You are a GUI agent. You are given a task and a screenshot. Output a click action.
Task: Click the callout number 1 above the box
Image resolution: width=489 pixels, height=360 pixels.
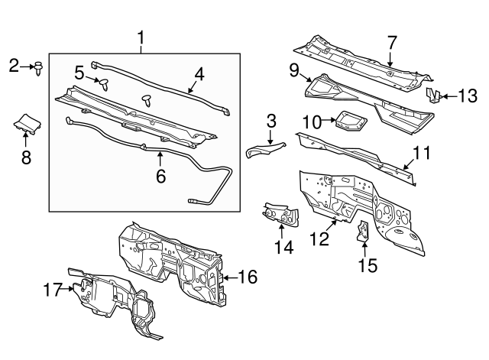click(141, 37)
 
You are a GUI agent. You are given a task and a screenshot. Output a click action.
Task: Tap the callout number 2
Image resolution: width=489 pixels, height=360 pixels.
click(14, 66)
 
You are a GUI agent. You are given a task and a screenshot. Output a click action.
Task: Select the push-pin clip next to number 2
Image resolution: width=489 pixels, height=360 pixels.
click(38, 69)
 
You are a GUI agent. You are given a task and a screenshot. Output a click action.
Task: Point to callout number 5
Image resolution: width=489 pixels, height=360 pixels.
click(79, 73)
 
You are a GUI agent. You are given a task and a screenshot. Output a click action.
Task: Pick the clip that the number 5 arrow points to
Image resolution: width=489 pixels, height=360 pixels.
click(105, 84)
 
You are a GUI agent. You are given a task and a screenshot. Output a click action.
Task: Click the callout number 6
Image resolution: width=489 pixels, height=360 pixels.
click(160, 177)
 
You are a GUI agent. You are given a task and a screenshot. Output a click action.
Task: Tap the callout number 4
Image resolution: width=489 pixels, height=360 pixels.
click(199, 75)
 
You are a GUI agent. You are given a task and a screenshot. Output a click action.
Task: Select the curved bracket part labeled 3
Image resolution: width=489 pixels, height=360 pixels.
click(266, 150)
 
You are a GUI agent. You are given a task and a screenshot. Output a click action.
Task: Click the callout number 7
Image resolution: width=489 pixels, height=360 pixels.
click(392, 43)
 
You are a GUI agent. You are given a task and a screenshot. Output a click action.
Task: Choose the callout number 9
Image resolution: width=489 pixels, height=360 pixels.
click(294, 70)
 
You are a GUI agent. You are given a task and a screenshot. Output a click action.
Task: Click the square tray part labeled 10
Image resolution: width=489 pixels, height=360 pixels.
click(351, 122)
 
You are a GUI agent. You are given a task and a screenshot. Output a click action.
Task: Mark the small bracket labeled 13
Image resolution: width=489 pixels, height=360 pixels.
click(434, 96)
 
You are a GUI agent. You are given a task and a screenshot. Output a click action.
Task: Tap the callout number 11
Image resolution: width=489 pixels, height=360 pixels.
click(421, 153)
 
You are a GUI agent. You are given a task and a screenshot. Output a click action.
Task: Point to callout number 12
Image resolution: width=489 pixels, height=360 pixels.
click(319, 238)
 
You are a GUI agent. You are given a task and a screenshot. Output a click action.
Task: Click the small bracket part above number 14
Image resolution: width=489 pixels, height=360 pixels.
click(280, 214)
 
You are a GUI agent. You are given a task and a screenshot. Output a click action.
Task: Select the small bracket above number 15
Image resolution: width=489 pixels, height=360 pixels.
click(363, 231)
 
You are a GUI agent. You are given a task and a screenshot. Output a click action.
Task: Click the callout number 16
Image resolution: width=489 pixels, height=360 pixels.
click(248, 277)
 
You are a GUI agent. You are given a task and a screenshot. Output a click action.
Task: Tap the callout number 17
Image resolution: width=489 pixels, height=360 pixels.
click(52, 289)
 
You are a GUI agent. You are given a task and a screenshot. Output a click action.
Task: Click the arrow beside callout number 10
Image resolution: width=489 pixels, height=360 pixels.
click(329, 119)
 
